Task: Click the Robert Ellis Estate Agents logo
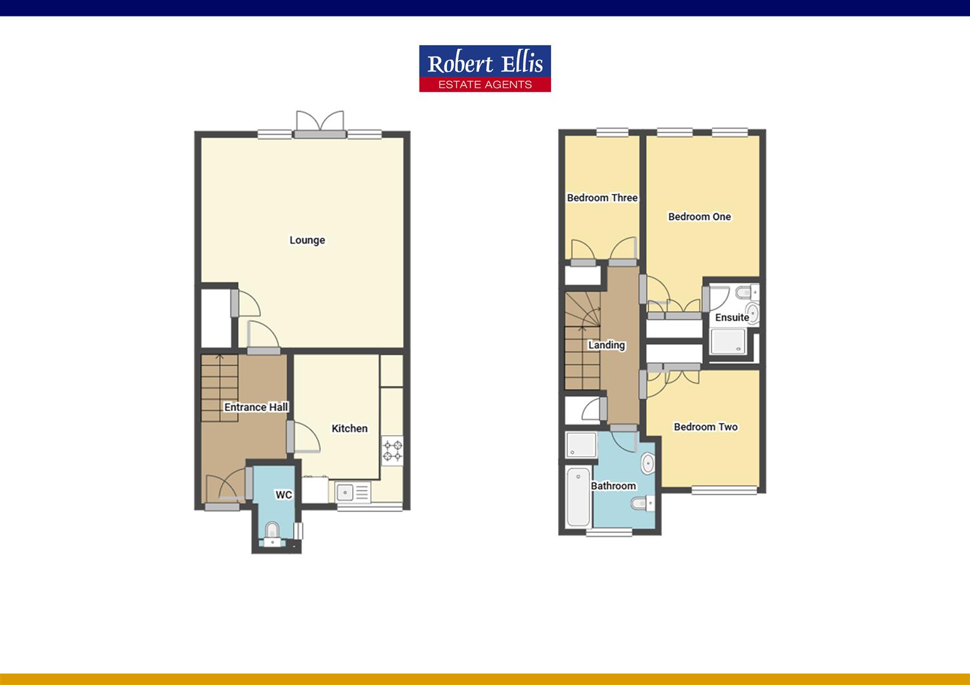(485, 68)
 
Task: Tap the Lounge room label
(307, 240)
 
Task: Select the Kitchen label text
(349, 428)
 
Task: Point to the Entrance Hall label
(256, 407)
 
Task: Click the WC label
(284, 495)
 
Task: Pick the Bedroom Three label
(602, 198)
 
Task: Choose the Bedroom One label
(700, 217)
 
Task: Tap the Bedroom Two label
(706, 427)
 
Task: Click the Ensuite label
(732, 318)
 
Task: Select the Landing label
(606, 345)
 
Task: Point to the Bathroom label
(613, 486)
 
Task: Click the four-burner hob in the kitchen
(392, 450)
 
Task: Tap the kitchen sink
(352, 492)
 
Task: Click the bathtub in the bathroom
(578, 497)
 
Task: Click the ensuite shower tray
(728, 342)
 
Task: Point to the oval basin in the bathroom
(648, 464)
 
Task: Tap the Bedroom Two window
(724, 490)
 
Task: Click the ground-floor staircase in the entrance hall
(220, 388)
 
